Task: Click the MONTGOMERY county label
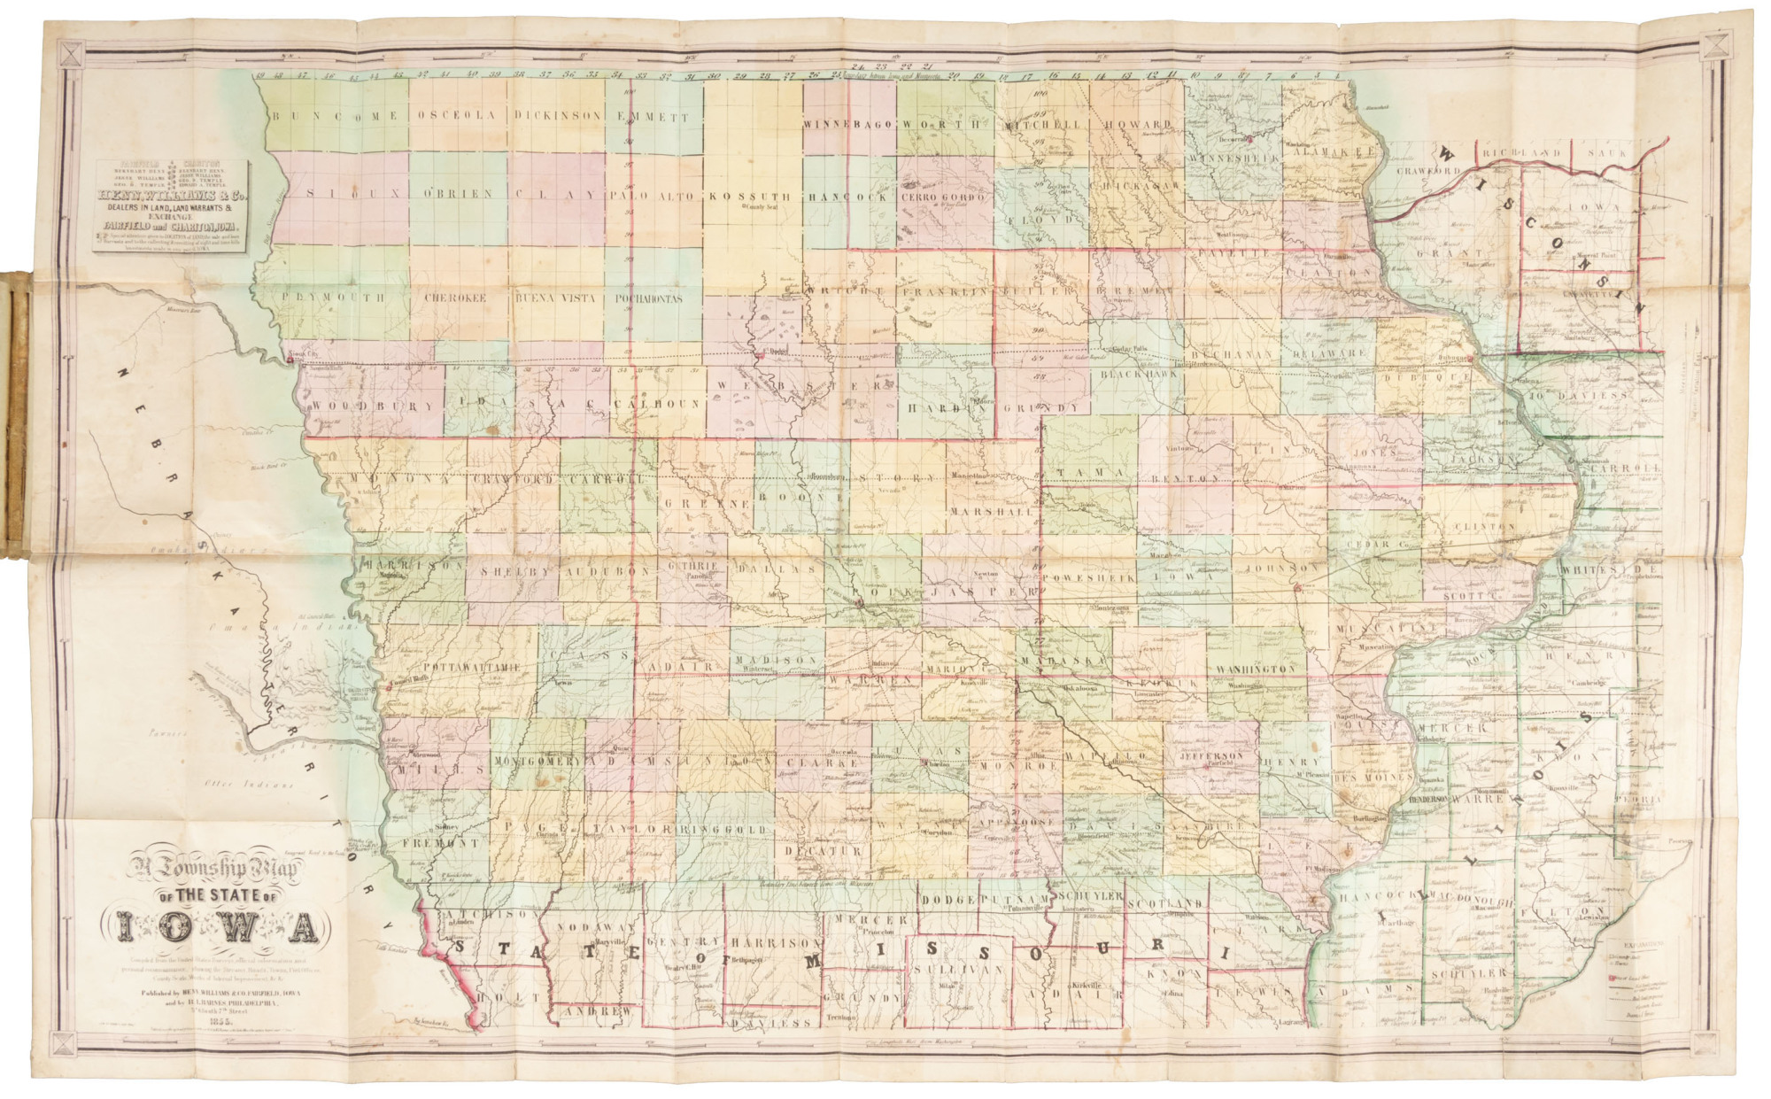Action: [537, 761]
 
